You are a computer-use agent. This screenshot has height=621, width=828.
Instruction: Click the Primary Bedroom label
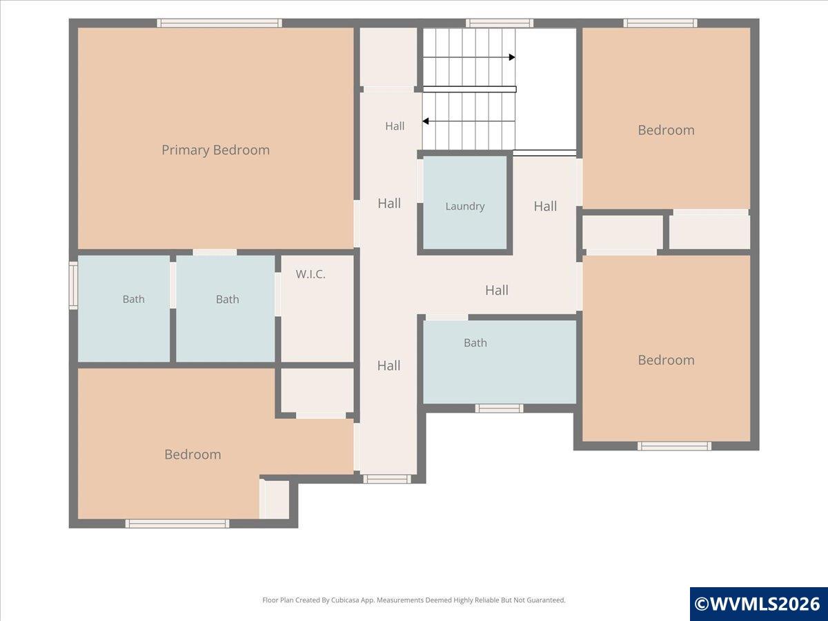click(x=215, y=150)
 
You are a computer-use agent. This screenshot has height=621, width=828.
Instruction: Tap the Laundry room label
click(x=465, y=206)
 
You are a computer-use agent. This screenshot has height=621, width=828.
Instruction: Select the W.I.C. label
click(x=310, y=274)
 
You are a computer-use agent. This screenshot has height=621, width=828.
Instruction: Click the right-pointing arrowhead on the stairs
click(x=512, y=57)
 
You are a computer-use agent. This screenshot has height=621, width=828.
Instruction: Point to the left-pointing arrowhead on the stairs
click(x=426, y=121)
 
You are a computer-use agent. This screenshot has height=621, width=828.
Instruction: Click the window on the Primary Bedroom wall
click(x=219, y=23)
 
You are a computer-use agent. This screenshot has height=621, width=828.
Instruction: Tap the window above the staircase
click(x=500, y=23)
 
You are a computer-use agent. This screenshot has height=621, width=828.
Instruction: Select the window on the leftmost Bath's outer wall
click(x=73, y=286)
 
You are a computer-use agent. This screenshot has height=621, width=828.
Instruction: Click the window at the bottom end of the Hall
click(x=387, y=479)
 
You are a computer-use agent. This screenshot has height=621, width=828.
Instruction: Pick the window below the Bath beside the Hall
click(x=499, y=408)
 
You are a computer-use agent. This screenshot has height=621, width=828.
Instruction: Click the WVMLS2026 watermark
click(x=758, y=604)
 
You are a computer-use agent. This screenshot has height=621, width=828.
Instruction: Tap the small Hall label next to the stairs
click(x=395, y=126)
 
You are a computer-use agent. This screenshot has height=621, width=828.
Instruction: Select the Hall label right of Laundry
click(x=545, y=206)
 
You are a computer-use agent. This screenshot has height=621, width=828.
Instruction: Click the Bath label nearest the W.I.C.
click(x=227, y=299)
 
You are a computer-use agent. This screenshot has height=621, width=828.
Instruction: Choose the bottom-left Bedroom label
click(x=193, y=454)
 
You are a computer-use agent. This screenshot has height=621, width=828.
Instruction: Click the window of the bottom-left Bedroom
click(x=177, y=523)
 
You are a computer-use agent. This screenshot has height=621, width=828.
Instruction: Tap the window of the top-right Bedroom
click(x=660, y=23)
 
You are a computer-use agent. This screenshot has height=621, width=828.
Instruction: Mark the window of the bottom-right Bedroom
click(x=674, y=446)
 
